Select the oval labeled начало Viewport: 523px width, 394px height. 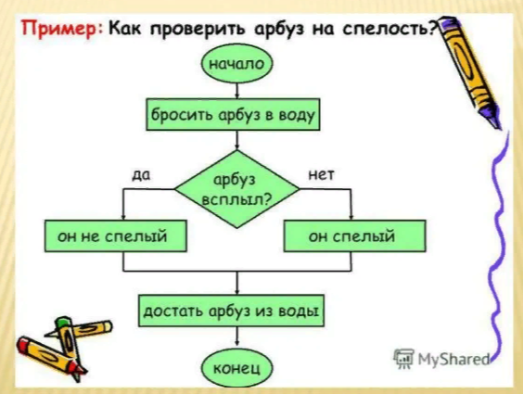pos(236,64)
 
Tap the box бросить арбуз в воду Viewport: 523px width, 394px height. pos(233,114)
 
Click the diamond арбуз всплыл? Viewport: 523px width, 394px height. pos(237,189)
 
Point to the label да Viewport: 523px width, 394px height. pos(141,174)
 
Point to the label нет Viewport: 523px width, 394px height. pos(321,174)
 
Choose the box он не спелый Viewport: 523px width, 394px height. pos(115,236)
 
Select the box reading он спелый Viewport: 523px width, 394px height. pos(355,236)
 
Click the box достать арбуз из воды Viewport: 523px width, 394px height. pos(231,311)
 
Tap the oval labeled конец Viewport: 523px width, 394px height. pos(236,368)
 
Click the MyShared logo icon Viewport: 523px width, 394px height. pos(403,359)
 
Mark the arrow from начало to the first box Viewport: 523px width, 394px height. pos(236,91)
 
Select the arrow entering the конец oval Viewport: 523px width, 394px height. pos(236,337)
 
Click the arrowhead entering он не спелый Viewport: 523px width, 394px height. pos(123,217)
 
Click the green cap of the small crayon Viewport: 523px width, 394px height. pos(62,322)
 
